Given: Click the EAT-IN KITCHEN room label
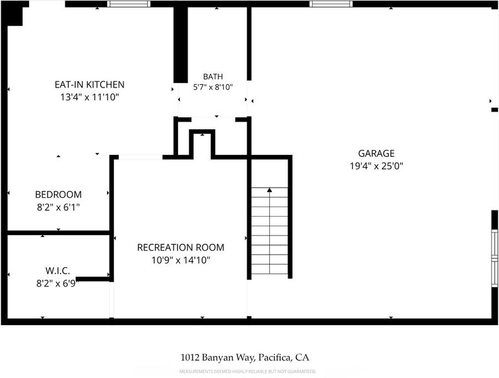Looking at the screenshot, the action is (89, 84).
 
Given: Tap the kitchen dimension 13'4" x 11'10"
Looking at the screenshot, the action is (90, 97).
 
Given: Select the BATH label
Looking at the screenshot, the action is (213, 76).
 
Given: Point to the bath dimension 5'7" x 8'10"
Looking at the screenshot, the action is (213, 87).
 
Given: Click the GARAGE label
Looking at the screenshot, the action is (376, 153).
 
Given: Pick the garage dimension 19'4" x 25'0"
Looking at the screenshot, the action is (376, 166).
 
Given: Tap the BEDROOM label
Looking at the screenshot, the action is (59, 195).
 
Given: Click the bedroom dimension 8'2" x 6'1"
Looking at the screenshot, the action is (59, 207).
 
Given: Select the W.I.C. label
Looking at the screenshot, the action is (58, 271).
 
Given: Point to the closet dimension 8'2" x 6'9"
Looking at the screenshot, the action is (58, 283).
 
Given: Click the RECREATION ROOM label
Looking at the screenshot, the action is (181, 248).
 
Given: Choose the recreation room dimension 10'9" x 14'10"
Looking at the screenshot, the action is (181, 260).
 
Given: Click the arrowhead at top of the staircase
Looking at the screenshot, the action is (269, 190).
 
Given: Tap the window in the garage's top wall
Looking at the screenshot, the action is (331, 4).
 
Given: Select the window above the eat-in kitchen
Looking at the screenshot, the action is (128, 4).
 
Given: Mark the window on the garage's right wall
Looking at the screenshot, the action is (495, 258).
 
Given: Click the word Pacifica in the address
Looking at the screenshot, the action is (274, 358).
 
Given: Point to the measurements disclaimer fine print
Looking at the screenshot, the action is (247, 371).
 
